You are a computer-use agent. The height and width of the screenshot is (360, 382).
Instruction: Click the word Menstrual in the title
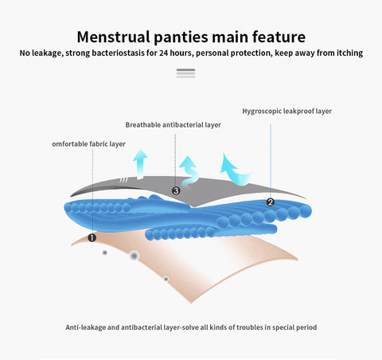tap(114, 37)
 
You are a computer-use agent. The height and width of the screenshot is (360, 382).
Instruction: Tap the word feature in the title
tap(279, 37)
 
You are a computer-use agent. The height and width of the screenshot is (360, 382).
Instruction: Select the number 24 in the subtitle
tap(163, 53)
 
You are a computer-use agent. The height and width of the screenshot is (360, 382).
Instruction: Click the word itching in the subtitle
tap(349, 53)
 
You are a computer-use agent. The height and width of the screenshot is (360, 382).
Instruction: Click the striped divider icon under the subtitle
tap(186, 73)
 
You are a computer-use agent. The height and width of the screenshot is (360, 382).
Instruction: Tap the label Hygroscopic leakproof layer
tap(287, 111)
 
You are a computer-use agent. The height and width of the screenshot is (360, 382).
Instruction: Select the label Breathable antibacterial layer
tap(173, 125)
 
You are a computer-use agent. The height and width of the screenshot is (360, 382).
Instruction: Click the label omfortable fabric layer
tap(88, 144)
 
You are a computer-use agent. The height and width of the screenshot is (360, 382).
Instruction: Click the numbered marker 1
tap(92, 237)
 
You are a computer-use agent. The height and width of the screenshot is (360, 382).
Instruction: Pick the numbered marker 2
tap(271, 202)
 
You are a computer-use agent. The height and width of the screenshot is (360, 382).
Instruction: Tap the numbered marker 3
tap(176, 190)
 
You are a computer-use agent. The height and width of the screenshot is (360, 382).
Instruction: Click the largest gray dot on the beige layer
tap(134, 256)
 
